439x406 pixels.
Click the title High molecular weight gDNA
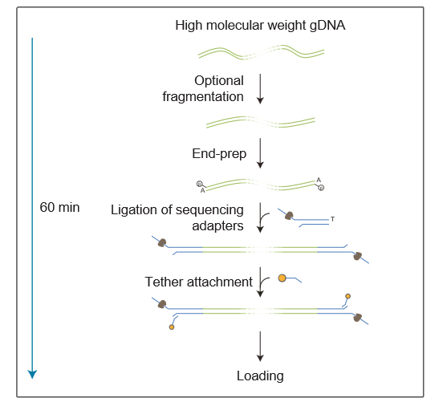(x=260, y=26)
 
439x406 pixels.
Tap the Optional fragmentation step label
(x=203, y=88)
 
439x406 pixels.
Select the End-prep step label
(x=219, y=154)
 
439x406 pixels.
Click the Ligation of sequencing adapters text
(x=177, y=217)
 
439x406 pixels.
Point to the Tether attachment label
(x=198, y=282)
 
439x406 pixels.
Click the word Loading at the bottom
(x=260, y=376)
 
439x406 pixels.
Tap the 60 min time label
(x=59, y=208)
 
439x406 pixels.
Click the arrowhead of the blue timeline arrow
(x=32, y=375)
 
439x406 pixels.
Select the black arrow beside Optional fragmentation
(x=260, y=89)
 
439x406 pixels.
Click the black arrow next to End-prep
(x=260, y=153)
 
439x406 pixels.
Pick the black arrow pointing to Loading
(x=260, y=347)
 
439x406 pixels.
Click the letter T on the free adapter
(x=332, y=219)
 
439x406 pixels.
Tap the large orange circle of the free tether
(x=282, y=278)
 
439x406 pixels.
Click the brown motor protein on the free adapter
(x=289, y=216)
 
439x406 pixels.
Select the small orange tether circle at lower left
(x=172, y=327)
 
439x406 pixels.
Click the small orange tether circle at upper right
(x=348, y=296)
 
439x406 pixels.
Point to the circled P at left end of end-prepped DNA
(x=199, y=184)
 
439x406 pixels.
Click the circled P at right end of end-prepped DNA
(x=321, y=188)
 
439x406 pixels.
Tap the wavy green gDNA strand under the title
(x=261, y=52)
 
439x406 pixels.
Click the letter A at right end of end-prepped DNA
(x=319, y=180)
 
